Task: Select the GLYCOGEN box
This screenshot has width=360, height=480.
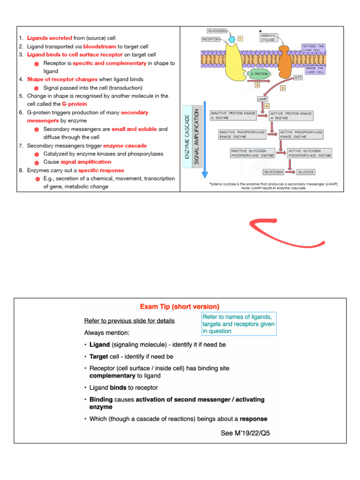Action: (274, 172)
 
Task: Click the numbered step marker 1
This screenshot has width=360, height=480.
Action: (240, 38)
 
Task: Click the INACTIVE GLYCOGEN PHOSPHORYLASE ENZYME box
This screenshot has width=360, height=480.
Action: (254, 153)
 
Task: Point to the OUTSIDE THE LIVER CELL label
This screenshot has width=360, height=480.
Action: (314, 49)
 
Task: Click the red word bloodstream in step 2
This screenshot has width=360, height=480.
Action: (100, 46)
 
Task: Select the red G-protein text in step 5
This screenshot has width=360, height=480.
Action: (74, 104)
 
